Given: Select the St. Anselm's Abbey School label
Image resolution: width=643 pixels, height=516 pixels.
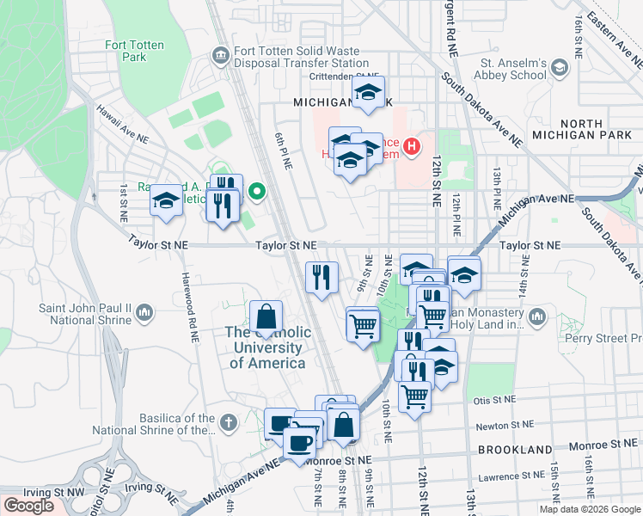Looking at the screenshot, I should coord(513,69).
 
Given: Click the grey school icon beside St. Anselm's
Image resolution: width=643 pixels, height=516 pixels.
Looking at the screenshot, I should coord(560,68).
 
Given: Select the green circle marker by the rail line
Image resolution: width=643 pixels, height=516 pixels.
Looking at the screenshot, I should coord(256,191).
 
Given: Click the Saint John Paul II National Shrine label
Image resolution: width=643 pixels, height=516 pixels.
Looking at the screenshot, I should coord(85,314).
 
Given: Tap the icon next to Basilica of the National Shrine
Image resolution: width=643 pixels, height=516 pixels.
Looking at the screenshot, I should coord(227,422).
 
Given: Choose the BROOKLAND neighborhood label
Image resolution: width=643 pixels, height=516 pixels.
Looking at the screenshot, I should coord(514,450).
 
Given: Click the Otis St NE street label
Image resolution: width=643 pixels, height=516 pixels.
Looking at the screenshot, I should coord(493,400).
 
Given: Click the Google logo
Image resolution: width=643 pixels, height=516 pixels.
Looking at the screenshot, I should coord(28,506).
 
